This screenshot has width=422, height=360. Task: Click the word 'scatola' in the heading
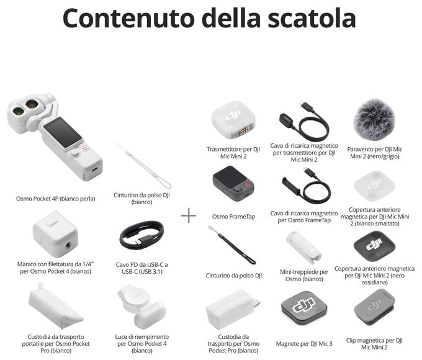[312, 18]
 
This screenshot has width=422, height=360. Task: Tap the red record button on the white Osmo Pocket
[85, 148]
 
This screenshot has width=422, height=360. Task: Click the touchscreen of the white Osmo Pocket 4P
[63, 132]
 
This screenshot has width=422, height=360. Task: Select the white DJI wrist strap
[143, 165]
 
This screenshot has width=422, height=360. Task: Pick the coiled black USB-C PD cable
[141, 235]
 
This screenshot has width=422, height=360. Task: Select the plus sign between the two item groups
[189, 215]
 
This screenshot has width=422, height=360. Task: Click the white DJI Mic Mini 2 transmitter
[233, 120]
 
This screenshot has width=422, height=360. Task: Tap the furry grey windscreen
[374, 119]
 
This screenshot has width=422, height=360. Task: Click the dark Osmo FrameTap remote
[233, 183]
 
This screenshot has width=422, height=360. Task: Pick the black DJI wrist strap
[231, 245]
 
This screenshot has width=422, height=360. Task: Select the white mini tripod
[303, 247]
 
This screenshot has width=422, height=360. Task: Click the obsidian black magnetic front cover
[374, 246]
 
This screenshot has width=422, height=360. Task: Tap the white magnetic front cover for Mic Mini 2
[374, 186]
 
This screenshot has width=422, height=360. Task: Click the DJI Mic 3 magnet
[304, 307]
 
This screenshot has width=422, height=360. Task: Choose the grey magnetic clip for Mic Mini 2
[374, 307]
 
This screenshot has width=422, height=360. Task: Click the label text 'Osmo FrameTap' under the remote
[233, 217]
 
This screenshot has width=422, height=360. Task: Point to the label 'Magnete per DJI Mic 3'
[304, 344]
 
